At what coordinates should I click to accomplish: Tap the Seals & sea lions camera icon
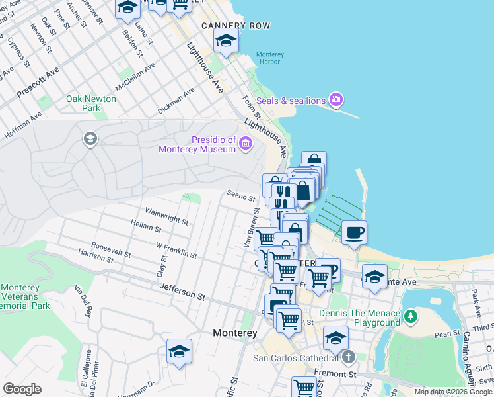[x=336, y=100]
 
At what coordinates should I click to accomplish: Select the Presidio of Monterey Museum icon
[x=245, y=143]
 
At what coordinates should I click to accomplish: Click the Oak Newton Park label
[x=91, y=103]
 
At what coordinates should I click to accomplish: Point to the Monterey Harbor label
[x=269, y=58]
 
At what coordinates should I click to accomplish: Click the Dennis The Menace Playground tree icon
[x=411, y=317]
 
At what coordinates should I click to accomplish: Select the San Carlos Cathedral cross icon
[x=349, y=357]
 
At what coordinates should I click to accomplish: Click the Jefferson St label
[x=182, y=291]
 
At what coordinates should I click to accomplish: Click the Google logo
[x=22, y=389]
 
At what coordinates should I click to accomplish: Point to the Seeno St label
[x=240, y=197]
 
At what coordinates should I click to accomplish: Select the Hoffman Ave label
[x=23, y=124]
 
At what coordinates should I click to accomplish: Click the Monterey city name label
[x=234, y=333]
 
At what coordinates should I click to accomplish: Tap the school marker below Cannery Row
[x=226, y=42]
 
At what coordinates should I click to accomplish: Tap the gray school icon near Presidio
[x=90, y=139]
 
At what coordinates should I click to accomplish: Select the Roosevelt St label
[x=111, y=249]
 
